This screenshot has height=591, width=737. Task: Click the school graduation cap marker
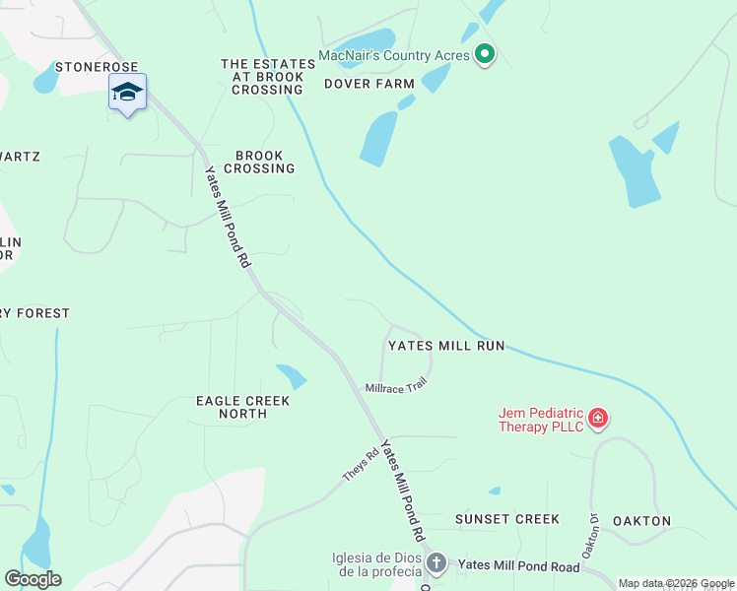point(127,93)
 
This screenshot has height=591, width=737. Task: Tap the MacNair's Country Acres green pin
point(484,55)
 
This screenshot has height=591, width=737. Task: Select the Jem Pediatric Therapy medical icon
point(598,420)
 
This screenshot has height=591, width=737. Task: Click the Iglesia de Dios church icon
point(436,563)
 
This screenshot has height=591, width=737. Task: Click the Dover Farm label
point(369,85)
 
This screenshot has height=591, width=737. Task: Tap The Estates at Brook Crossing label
point(267,77)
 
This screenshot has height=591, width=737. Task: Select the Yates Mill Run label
point(445,346)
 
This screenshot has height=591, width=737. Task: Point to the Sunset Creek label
point(506,519)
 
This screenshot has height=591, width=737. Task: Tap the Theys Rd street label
point(361,466)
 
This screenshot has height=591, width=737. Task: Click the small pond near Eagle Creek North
point(292,376)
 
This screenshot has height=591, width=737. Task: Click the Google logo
point(33,579)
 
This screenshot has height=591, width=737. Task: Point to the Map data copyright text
point(675,584)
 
